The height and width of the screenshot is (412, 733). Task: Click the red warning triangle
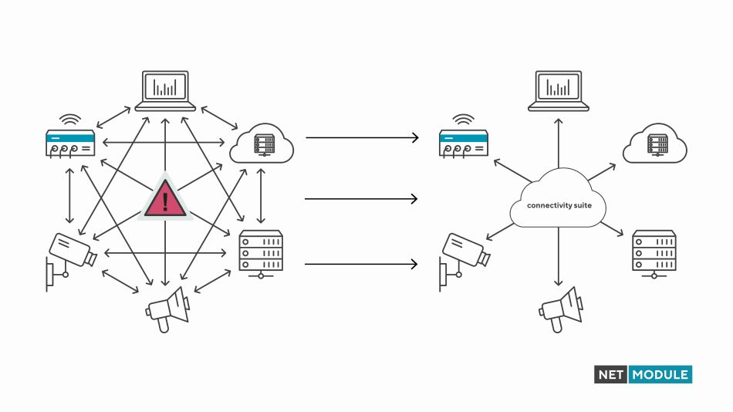coord(164,201)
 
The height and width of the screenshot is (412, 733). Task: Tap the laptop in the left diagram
coord(165,90)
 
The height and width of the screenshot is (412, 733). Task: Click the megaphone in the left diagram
coord(167,308)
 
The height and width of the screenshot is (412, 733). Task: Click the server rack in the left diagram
coord(261,252)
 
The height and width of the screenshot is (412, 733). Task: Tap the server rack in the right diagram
coord(654,252)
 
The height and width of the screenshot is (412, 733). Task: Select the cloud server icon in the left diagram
coord(262,143)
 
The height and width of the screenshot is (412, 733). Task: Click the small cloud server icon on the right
coord(656,143)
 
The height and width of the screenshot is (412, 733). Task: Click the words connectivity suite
coord(558,206)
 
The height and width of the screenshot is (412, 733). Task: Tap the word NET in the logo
coord(611,375)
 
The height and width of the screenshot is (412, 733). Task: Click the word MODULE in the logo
coord(660,375)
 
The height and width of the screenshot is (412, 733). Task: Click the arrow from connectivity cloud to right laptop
coord(558,144)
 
